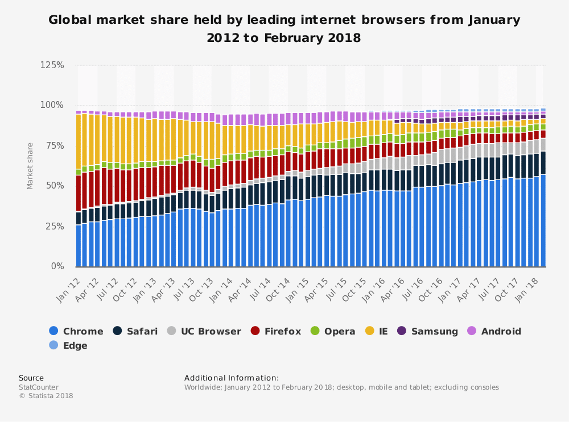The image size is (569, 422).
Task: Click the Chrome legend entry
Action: (x=76, y=331)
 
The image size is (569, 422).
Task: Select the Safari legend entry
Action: (x=135, y=331)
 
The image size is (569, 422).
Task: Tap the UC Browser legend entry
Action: (x=204, y=331)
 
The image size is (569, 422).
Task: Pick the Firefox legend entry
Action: (x=275, y=331)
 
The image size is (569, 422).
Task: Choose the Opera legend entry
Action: (x=333, y=331)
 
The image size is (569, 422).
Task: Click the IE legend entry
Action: (x=376, y=331)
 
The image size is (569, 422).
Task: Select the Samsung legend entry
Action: (x=427, y=331)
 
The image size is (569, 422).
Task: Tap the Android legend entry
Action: (x=494, y=331)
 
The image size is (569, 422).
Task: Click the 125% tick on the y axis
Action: (x=52, y=65)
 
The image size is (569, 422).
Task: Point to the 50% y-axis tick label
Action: (x=54, y=186)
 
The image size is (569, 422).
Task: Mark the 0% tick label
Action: (x=56, y=266)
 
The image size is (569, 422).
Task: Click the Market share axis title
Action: (x=30, y=165)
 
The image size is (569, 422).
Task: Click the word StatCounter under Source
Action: (x=38, y=387)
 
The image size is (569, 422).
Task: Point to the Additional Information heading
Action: (x=232, y=378)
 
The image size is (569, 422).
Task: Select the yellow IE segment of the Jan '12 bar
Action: (x=79, y=142)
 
